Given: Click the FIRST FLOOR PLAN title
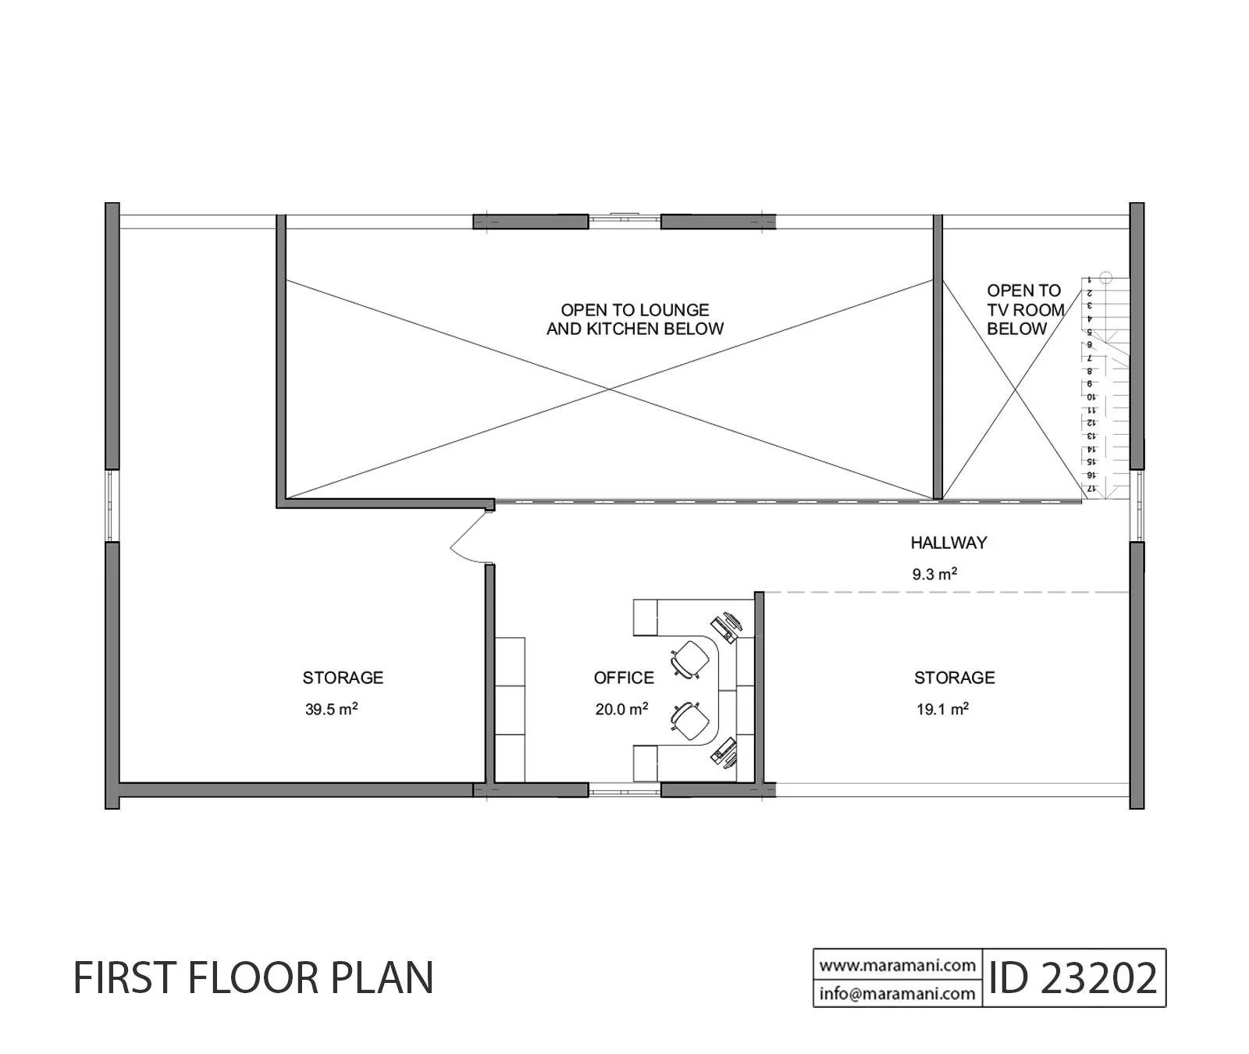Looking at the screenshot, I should [253, 977].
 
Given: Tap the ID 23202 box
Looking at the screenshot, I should [1073, 977].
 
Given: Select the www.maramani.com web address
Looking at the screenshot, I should [898, 965].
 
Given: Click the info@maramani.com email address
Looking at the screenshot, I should [898, 994].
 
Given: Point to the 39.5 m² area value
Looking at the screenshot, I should [332, 710].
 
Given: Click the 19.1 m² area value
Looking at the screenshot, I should [943, 710].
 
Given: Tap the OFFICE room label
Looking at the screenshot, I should [624, 678].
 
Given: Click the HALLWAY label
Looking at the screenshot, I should [948, 543].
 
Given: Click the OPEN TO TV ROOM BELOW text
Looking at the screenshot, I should [1025, 310].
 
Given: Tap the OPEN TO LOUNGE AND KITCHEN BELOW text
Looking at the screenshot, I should [635, 319].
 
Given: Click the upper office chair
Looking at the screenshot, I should [690, 658].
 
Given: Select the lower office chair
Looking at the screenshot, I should [690, 721].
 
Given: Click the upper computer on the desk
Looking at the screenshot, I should [728, 625].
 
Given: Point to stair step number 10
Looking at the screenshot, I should [1091, 397].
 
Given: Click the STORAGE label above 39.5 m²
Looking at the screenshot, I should [343, 678].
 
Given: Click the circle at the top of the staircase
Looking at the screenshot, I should [1105, 276].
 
